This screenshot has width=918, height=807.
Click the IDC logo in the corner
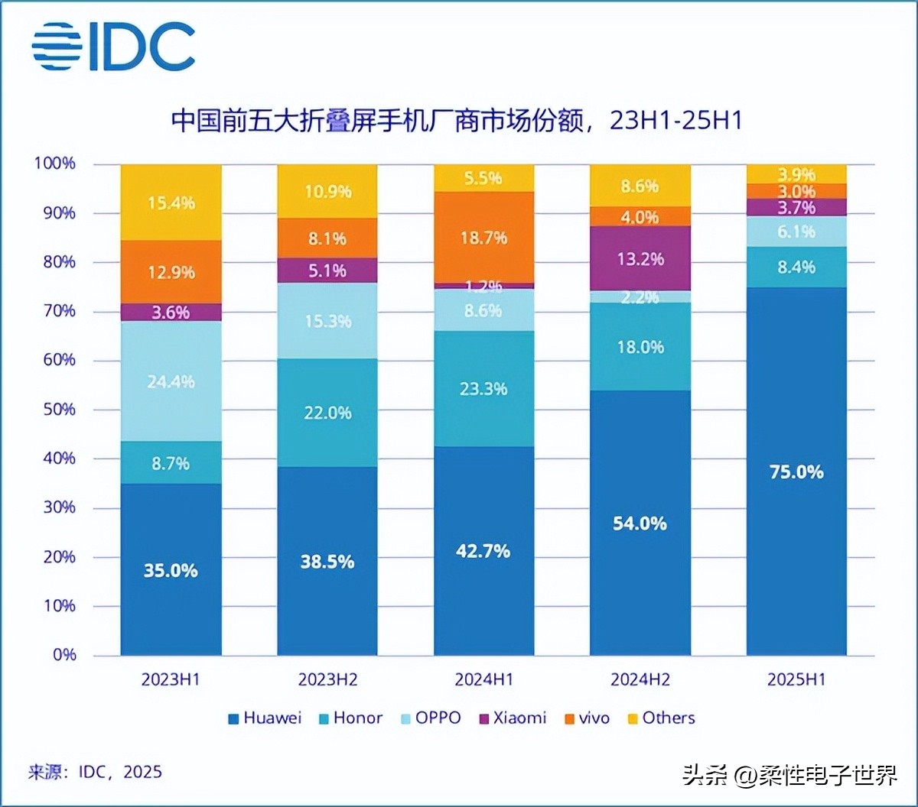coord(113,47)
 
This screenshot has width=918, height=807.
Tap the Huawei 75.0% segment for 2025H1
coord(796,471)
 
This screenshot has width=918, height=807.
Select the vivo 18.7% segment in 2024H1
coord(484,237)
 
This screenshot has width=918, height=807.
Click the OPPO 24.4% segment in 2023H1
coord(171,381)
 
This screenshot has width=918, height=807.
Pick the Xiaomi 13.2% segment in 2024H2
coord(640,258)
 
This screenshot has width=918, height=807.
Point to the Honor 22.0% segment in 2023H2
coord(327,413)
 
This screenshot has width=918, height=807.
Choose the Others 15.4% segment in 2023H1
coord(171,203)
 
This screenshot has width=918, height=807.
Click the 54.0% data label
coord(640,523)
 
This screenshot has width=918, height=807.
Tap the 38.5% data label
coord(327,562)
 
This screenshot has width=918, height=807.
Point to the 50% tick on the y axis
coord(54,410)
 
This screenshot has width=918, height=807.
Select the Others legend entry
coord(660,718)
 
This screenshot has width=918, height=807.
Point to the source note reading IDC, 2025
coord(95,772)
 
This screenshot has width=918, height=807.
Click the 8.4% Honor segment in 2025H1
coord(796,267)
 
